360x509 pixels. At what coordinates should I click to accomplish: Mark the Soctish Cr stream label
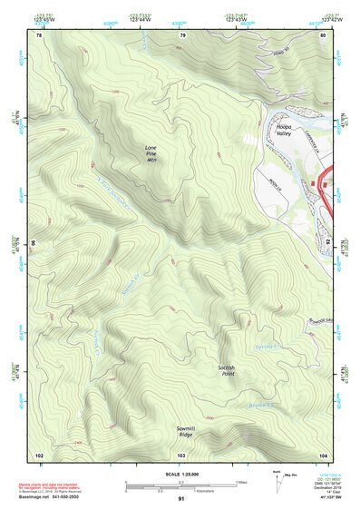tap(128, 289)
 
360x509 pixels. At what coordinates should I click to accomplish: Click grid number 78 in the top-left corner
tap(39, 35)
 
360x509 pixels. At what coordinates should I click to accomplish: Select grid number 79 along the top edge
tap(182, 35)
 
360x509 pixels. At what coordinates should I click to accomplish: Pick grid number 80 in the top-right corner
tap(323, 35)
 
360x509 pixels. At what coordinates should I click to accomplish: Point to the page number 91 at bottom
tap(181, 500)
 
